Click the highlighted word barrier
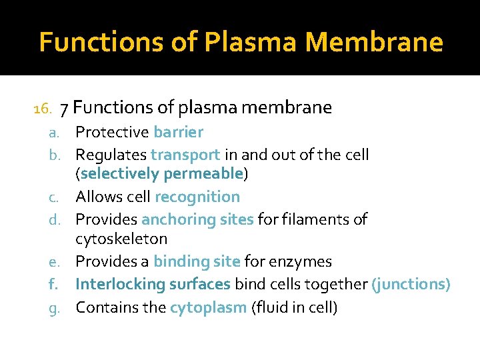pos(178,132)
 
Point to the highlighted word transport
pos(185,155)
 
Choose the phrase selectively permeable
pos(161,174)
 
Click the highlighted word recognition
pos(197,197)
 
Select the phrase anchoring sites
pos(197,219)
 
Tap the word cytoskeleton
pos(121,239)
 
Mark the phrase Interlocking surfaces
pos(153,284)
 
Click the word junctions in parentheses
pos(411,284)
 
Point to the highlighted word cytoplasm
pos(208,307)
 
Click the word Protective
pos(112,132)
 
